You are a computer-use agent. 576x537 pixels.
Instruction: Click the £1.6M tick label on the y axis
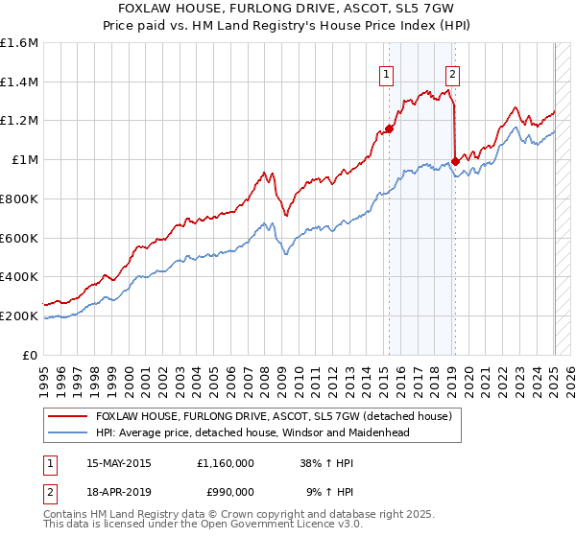click(18, 43)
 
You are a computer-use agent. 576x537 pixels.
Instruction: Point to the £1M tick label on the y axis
click(24, 160)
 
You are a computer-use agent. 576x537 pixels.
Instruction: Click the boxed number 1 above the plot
click(386, 74)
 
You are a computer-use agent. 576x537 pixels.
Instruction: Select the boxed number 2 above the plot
click(452, 74)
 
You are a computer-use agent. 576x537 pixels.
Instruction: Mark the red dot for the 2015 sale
click(390, 128)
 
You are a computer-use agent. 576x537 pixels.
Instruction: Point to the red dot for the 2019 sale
click(455, 161)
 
